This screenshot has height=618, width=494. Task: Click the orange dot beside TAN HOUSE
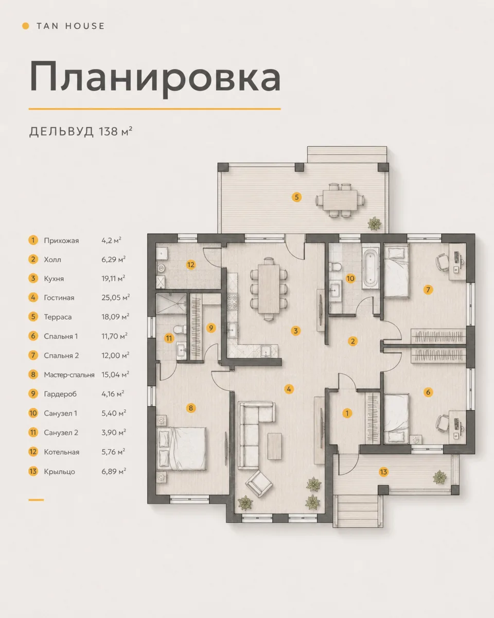(26, 26)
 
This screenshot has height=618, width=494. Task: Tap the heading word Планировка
(155, 78)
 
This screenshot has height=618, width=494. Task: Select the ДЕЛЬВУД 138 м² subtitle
(81, 131)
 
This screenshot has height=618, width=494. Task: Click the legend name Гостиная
(59, 298)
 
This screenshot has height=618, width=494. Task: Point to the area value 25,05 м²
(115, 297)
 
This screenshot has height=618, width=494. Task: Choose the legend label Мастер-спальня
(69, 374)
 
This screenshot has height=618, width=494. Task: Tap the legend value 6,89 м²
(114, 471)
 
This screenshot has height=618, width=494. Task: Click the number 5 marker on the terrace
(296, 197)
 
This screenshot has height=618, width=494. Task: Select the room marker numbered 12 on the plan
(191, 265)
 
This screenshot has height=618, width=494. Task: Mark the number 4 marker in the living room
(289, 389)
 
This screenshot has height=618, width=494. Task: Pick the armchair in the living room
(259, 484)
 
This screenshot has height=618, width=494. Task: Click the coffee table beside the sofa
(275, 446)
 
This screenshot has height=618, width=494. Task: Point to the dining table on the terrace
(340, 200)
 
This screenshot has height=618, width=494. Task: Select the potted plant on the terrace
(375, 224)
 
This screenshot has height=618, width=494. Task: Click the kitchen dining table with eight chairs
(269, 289)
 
